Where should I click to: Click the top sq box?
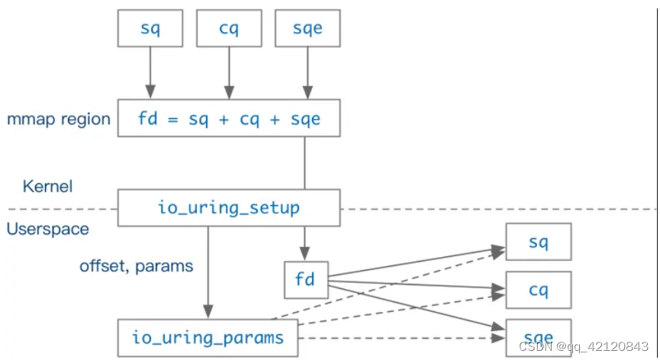pos(150,28)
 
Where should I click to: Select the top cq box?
pos(228,28)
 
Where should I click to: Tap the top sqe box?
pos(307,28)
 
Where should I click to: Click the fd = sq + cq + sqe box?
pos(228,118)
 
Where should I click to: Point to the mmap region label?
pos(59,119)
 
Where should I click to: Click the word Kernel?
pos(47,186)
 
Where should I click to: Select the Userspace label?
pos(47,229)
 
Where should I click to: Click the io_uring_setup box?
pos(228,208)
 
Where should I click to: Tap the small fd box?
pos(304,279)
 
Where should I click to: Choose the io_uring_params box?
pos(208,338)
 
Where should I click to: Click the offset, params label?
pos(136,266)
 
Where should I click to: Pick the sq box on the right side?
pos(538,243)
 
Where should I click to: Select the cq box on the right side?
pos(538,291)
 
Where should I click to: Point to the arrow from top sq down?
pos(150,72)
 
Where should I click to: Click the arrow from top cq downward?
pos(228,72)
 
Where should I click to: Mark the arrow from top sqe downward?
pos(307,72)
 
